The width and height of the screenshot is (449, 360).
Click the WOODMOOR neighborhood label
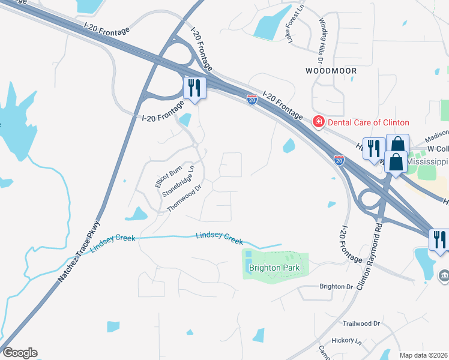pos(331,71)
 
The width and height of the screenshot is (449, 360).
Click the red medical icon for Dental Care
pos(318,122)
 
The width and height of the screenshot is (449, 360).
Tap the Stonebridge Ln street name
pos(184,180)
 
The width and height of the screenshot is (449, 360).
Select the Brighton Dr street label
pos(336,287)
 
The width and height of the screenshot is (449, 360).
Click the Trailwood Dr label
pos(360,323)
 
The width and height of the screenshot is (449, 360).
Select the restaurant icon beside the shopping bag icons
pos(374,148)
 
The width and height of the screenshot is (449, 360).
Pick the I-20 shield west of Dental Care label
pos(252,100)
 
